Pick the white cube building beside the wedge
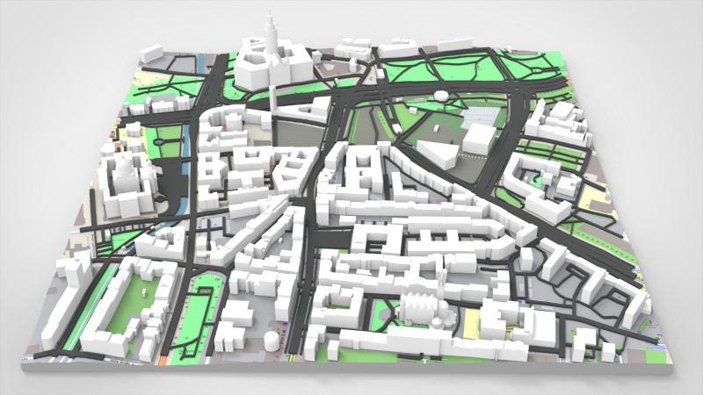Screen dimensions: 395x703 tap(480, 139)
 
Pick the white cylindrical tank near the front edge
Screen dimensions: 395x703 tap(271, 340)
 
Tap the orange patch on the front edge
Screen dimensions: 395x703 tap(164, 358)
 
